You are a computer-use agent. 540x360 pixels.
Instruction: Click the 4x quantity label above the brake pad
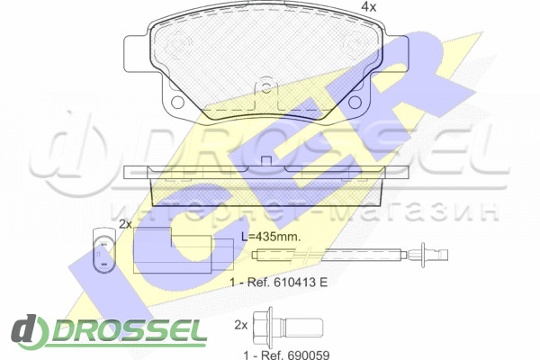tap(369, 7)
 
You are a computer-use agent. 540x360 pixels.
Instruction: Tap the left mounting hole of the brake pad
tap(177, 102)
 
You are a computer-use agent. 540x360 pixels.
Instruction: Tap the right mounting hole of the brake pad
tap(355, 102)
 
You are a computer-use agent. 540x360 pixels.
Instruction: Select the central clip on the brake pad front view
tap(265, 89)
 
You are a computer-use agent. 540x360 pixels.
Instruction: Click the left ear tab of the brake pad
tap(137, 54)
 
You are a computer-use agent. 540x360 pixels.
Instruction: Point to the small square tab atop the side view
tap(266, 162)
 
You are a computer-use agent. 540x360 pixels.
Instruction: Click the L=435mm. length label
tap(271, 237)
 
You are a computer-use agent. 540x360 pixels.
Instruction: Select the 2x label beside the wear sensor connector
tap(126, 225)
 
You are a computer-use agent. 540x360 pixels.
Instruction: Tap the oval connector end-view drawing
tap(104, 250)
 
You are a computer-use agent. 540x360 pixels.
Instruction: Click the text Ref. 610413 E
tap(288, 283)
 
